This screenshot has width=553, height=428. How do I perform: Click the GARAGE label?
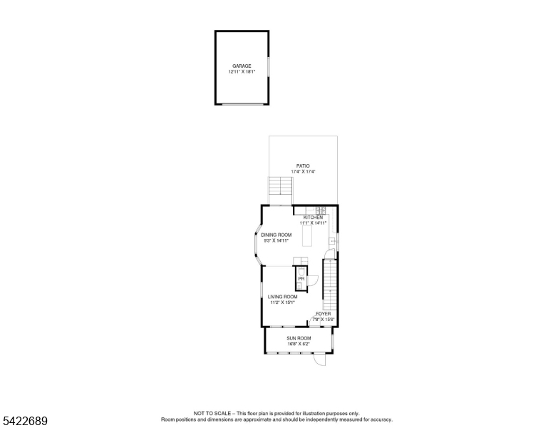242,66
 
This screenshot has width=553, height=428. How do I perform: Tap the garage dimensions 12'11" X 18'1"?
242,71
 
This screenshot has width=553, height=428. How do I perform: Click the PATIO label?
303,166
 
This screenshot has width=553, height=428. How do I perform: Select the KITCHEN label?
313,218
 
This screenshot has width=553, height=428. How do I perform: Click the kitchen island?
307,235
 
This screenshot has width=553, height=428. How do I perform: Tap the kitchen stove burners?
321,210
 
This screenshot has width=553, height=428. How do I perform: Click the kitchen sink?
332,241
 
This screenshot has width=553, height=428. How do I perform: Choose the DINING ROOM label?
276,235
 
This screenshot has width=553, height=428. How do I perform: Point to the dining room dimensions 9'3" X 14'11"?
276,240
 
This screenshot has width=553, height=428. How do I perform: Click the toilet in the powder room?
301,272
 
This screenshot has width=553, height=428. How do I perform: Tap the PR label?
301,279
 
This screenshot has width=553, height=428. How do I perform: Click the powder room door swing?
313,280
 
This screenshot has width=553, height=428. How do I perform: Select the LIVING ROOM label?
282,297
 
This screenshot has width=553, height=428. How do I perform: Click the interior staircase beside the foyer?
330,285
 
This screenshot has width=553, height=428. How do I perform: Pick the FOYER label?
324,314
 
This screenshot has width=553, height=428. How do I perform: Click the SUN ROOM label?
299,338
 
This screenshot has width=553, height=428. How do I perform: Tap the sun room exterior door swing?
319,359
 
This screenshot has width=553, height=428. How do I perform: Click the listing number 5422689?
25,421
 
